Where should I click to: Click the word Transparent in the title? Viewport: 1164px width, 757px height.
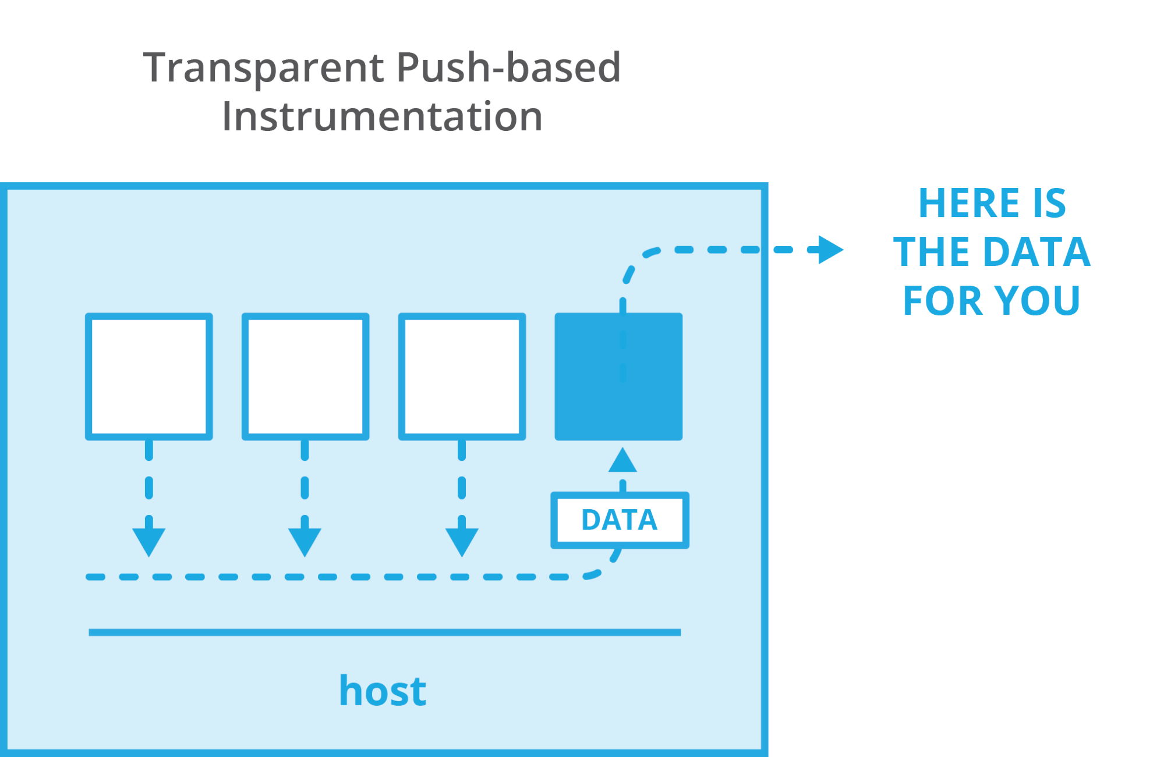[x=264, y=69]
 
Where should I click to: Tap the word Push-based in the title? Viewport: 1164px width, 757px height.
[x=508, y=67]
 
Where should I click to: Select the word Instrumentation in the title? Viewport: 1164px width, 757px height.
[x=382, y=116]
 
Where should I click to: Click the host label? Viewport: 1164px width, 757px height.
[x=383, y=691]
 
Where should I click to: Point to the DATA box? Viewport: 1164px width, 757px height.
[x=620, y=520]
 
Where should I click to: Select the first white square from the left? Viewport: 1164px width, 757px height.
[x=149, y=376]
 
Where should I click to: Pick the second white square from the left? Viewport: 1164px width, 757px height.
[x=305, y=376]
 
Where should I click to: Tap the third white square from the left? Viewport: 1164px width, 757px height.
[x=462, y=376]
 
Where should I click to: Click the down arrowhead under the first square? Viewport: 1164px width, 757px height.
[x=149, y=540]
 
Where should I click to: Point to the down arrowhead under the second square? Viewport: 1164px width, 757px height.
[x=305, y=540]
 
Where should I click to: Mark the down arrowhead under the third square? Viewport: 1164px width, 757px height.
[x=462, y=540]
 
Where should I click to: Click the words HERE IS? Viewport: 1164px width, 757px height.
[x=992, y=203]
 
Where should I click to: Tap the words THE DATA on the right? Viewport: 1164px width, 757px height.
[x=992, y=252]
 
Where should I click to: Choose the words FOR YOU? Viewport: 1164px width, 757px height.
[x=992, y=300]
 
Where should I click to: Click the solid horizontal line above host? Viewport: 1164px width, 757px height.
[x=384, y=632]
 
